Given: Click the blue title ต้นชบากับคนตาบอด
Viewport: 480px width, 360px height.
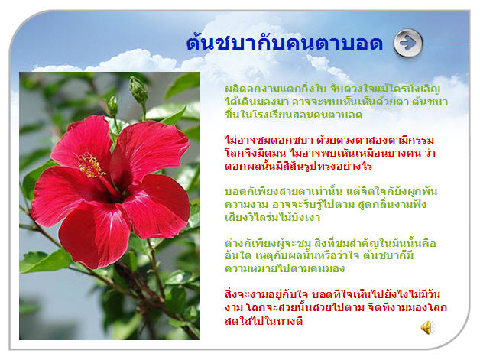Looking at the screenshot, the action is [284, 42].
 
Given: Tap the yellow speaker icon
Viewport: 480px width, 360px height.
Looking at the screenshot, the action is [426, 328].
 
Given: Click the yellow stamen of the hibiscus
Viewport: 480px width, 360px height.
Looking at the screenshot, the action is [90, 166].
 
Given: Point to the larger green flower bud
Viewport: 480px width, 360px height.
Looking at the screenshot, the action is [138, 89].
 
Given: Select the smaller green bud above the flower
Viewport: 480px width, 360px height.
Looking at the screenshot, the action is [112, 106].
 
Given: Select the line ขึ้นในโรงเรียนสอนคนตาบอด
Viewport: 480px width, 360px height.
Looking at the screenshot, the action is [294, 115].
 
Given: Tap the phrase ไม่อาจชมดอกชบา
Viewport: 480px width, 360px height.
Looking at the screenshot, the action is [269, 140].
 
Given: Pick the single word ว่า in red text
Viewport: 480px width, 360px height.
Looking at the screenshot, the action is [430, 153].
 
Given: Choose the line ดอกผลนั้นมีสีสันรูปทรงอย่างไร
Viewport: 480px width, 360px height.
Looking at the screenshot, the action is [298, 166].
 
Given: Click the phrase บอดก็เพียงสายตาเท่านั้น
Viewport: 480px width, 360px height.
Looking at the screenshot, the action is [284, 191].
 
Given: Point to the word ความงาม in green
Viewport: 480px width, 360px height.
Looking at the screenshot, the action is [246, 205].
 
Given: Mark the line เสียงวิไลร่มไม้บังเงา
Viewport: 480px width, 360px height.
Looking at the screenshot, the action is [272, 217].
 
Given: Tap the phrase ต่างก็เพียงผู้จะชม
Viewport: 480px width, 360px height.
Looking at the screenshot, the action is [268, 243].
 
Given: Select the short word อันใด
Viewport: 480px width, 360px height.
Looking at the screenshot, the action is [238, 255].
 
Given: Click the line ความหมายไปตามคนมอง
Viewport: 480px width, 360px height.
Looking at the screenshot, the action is [284, 268].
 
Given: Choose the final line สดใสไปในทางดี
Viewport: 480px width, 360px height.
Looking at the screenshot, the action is [264, 321].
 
